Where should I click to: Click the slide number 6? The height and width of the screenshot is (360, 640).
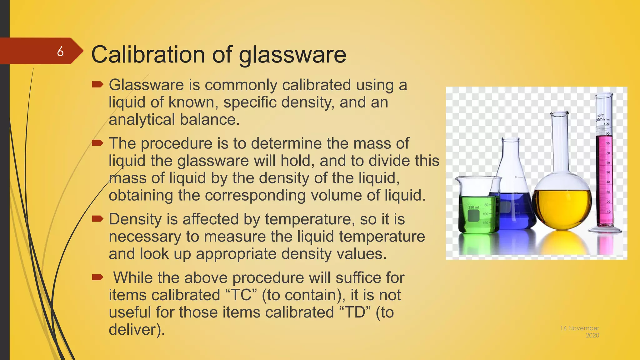point(60,51)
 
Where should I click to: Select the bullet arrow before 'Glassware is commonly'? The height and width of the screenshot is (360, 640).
point(97,84)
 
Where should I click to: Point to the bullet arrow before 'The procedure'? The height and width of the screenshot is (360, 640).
point(97,143)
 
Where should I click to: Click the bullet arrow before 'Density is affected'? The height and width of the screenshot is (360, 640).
point(97,219)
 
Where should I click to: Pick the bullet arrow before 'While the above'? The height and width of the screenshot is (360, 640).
point(97,277)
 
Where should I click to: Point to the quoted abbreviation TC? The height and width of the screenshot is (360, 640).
point(242,295)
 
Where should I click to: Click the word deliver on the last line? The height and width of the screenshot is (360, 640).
point(132,330)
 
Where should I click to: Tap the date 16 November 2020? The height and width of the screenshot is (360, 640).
point(580,332)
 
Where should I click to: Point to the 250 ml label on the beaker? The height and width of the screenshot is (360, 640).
point(473,207)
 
